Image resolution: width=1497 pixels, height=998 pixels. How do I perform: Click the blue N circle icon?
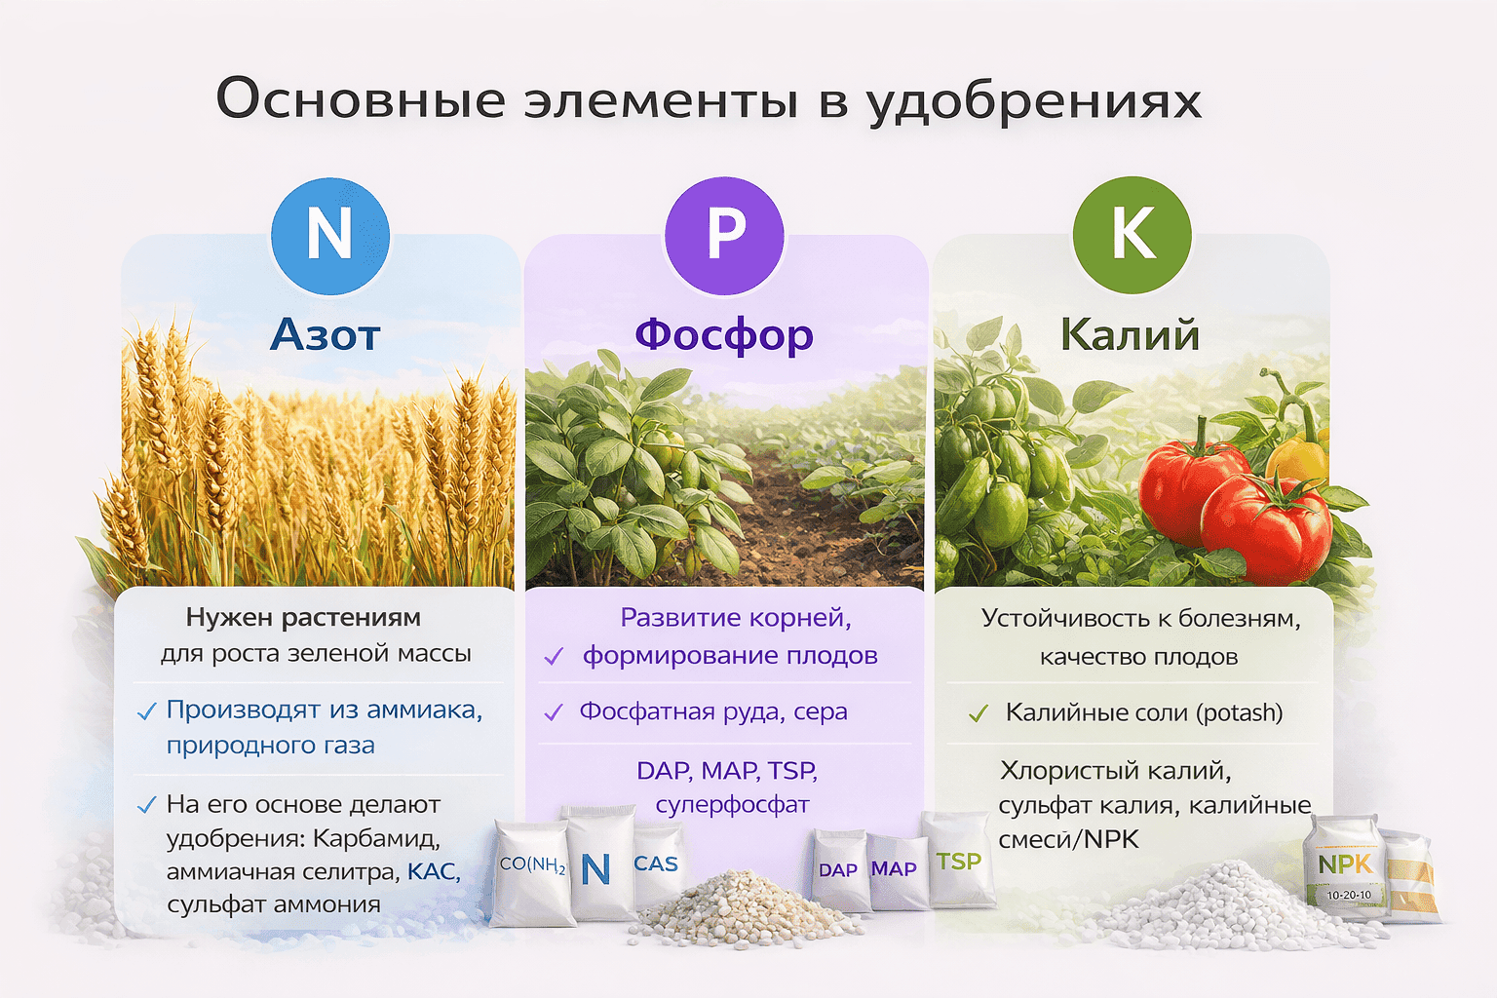click(x=329, y=235)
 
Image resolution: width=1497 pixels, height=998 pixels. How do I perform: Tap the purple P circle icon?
click(x=724, y=235)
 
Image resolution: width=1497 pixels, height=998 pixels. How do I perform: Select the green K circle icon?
click(x=1132, y=235)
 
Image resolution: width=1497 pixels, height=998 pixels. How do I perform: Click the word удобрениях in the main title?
click(x=1034, y=101)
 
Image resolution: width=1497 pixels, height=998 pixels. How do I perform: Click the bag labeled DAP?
click(x=838, y=870)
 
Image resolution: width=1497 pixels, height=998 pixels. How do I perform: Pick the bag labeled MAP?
click(x=894, y=869)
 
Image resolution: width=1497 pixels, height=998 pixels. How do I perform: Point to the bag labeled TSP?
click(x=959, y=862)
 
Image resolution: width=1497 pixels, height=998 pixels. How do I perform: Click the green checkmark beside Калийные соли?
click(x=979, y=714)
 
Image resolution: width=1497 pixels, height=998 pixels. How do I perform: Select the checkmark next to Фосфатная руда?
click(x=554, y=713)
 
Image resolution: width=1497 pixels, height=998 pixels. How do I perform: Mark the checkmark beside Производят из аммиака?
click(x=147, y=712)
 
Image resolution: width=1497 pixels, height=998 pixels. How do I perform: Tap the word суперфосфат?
click(x=732, y=805)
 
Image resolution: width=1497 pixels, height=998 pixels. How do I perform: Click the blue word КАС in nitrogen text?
click(x=433, y=871)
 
